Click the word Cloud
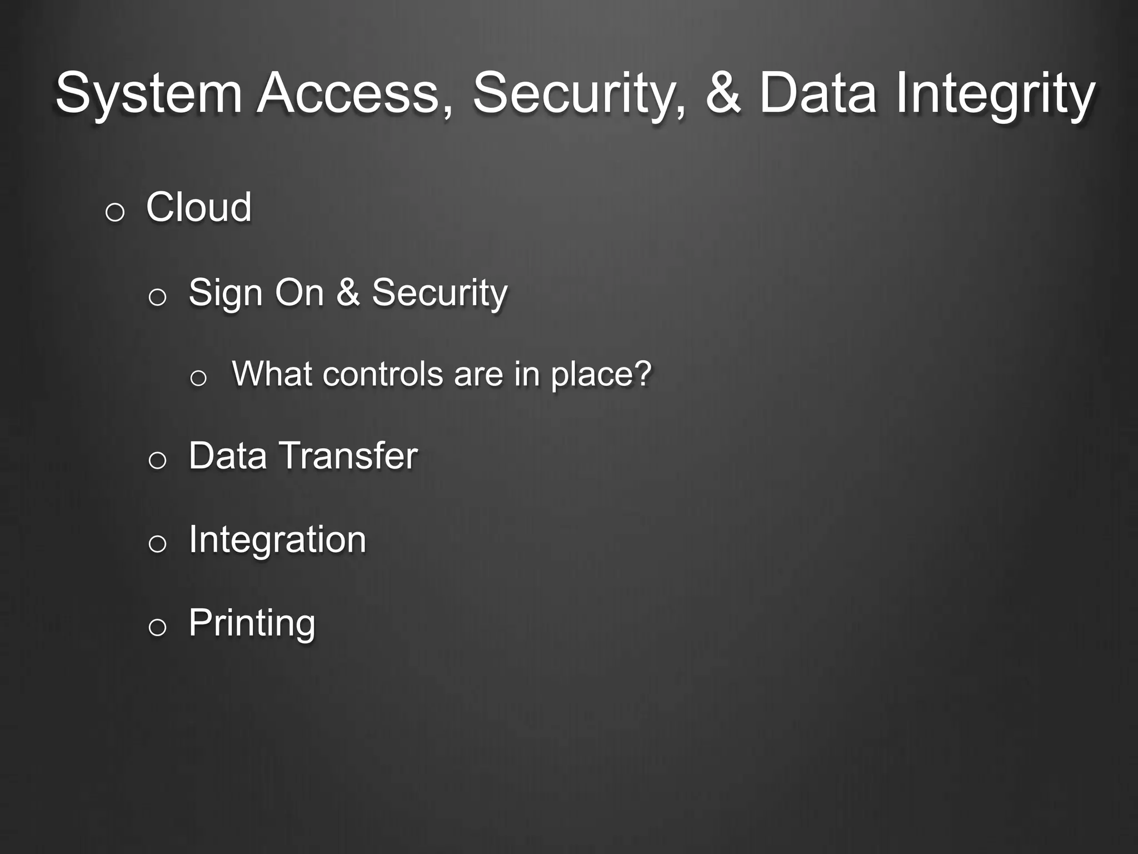tap(198, 207)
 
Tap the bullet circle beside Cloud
tap(114, 212)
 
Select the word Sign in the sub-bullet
tap(225, 292)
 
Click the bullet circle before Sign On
tap(157, 297)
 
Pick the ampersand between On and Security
tap(348, 292)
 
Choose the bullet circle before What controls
tap(198, 379)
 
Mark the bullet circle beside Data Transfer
tap(157, 461)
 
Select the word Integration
tap(277, 539)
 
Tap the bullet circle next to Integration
tap(157, 544)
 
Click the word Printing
tap(252, 623)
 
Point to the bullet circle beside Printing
tap(157, 628)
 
